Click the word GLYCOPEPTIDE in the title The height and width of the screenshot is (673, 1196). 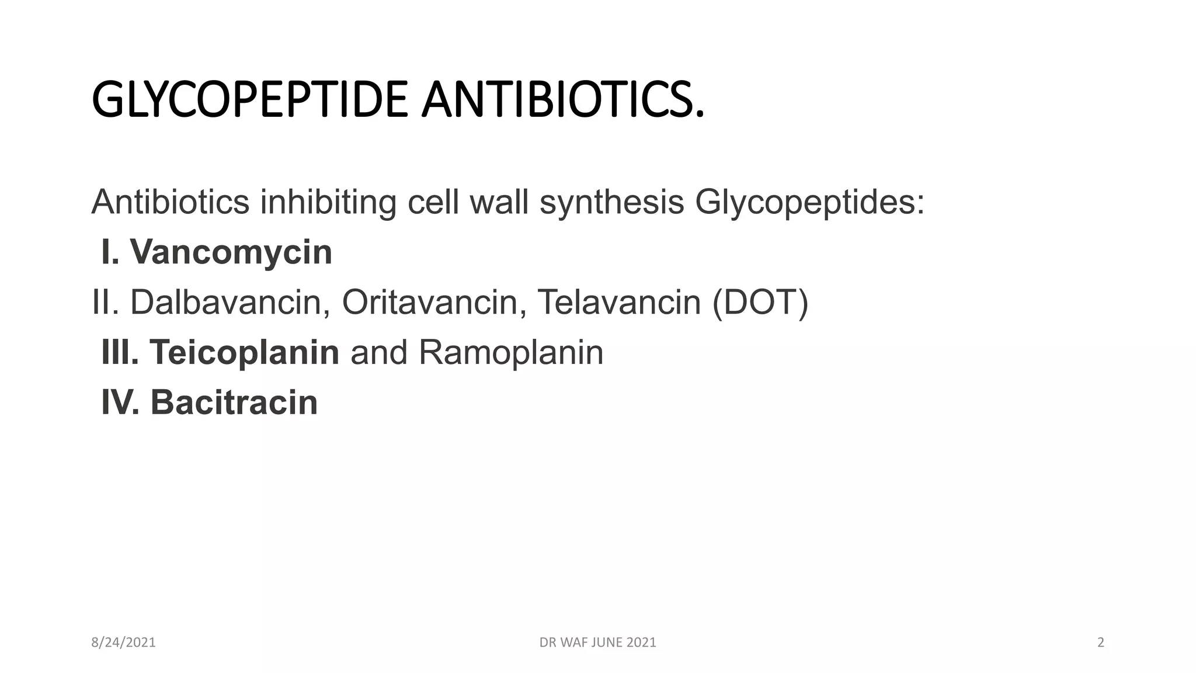pyautogui.click(x=249, y=100)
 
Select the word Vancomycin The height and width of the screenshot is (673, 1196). pyautogui.click(x=231, y=252)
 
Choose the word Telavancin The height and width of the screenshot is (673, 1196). pyautogui.click(x=618, y=303)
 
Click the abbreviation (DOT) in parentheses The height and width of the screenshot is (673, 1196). pyautogui.click(x=760, y=303)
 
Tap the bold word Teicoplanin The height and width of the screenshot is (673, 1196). pyautogui.click(x=244, y=353)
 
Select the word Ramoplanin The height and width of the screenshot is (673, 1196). pyautogui.click(x=511, y=353)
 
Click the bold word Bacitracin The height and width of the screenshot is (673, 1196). pyautogui.click(x=234, y=403)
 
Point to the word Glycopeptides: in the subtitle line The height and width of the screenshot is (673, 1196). pyautogui.click(x=809, y=203)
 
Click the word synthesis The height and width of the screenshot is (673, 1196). pyautogui.click(x=611, y=203)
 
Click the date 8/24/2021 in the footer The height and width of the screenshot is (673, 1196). pyautogui.click(x=124, y=643)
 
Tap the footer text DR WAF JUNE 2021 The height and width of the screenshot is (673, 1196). pyautogui.click(x=597, y=643)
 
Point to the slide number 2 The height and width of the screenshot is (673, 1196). pyautogui.click(x=1101, y=643)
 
